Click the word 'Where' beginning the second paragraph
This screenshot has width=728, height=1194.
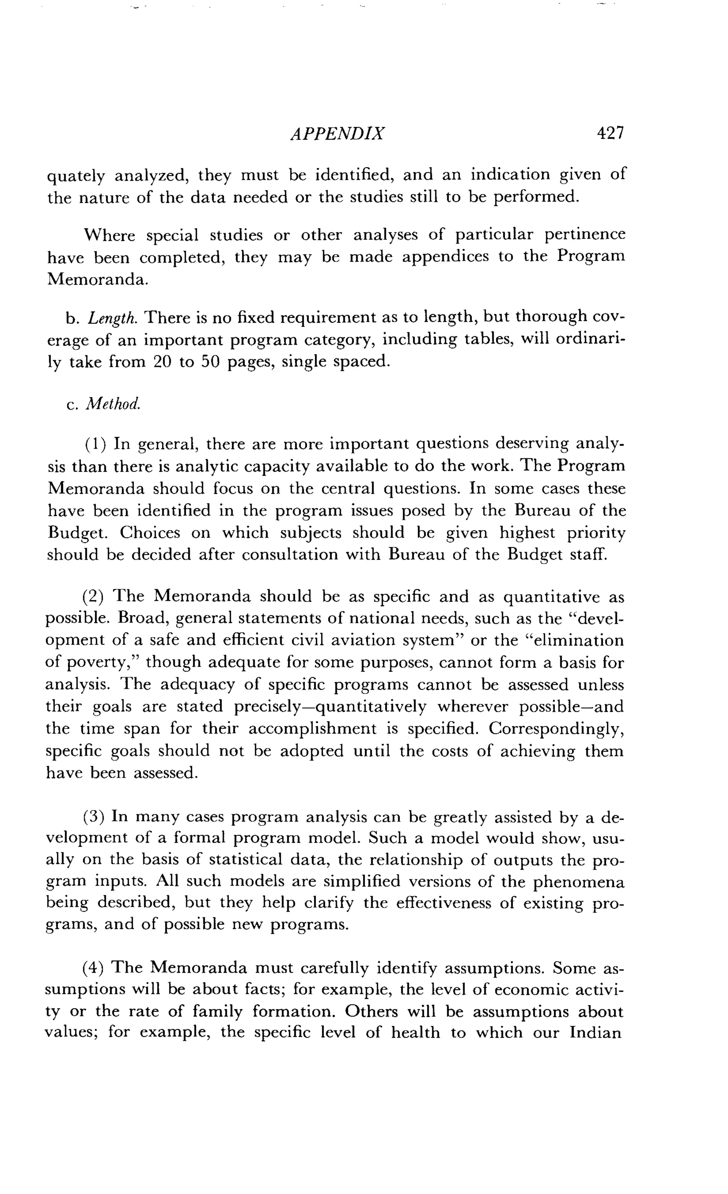109,236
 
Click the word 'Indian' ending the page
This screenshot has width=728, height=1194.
595,1033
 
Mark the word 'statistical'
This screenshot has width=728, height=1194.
246,860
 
